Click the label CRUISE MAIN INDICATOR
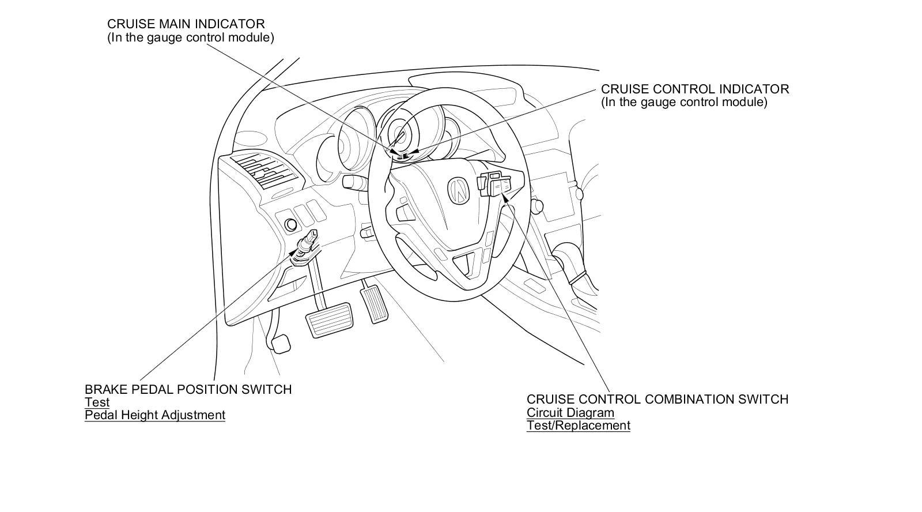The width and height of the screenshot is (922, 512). [186, 24]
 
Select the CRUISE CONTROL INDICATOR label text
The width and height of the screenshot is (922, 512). [695, 89]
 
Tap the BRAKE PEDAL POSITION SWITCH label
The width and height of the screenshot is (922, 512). [188, 390]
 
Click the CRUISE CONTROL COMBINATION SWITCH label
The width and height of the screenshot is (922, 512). [657, 400]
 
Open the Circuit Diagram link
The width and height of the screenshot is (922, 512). [570, 413]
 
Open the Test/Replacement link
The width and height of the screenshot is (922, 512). [578, 426]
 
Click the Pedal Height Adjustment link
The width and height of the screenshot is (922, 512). [154, 415]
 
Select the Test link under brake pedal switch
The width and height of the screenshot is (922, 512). [97, 402]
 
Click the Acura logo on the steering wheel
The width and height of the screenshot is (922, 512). [459, 190]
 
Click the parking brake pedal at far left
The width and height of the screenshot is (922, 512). [280, 344]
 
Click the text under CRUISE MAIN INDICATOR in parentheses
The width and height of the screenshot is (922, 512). [190, 37]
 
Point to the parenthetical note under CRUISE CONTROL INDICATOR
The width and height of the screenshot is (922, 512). [684, 103]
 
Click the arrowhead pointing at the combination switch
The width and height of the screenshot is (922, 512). [505, 199]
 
